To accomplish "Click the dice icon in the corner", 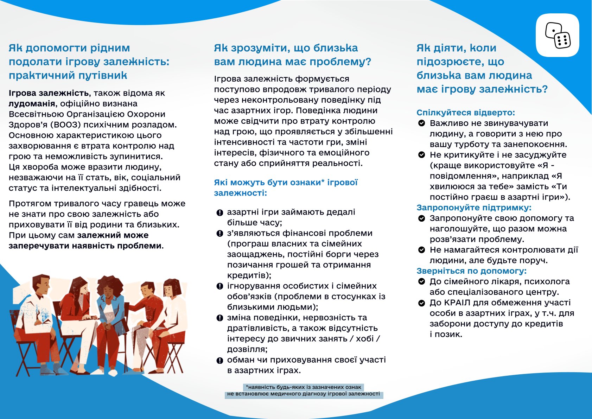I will point(558,35).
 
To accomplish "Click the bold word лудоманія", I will point(32,104).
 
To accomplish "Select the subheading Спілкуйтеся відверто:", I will point(466,113).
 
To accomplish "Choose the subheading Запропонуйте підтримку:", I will point(474,208).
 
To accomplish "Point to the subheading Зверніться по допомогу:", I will point(471,271).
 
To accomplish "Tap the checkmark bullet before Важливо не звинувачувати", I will point(421,123).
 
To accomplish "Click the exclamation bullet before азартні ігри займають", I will point(219,212).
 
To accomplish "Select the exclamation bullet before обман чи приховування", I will point(219,360).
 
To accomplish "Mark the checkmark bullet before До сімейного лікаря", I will point(421,281).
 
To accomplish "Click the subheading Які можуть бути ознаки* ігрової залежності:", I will point(286,188).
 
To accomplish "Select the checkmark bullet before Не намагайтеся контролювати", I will point(421,250).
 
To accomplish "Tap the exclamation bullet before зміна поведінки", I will point(219,318).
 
